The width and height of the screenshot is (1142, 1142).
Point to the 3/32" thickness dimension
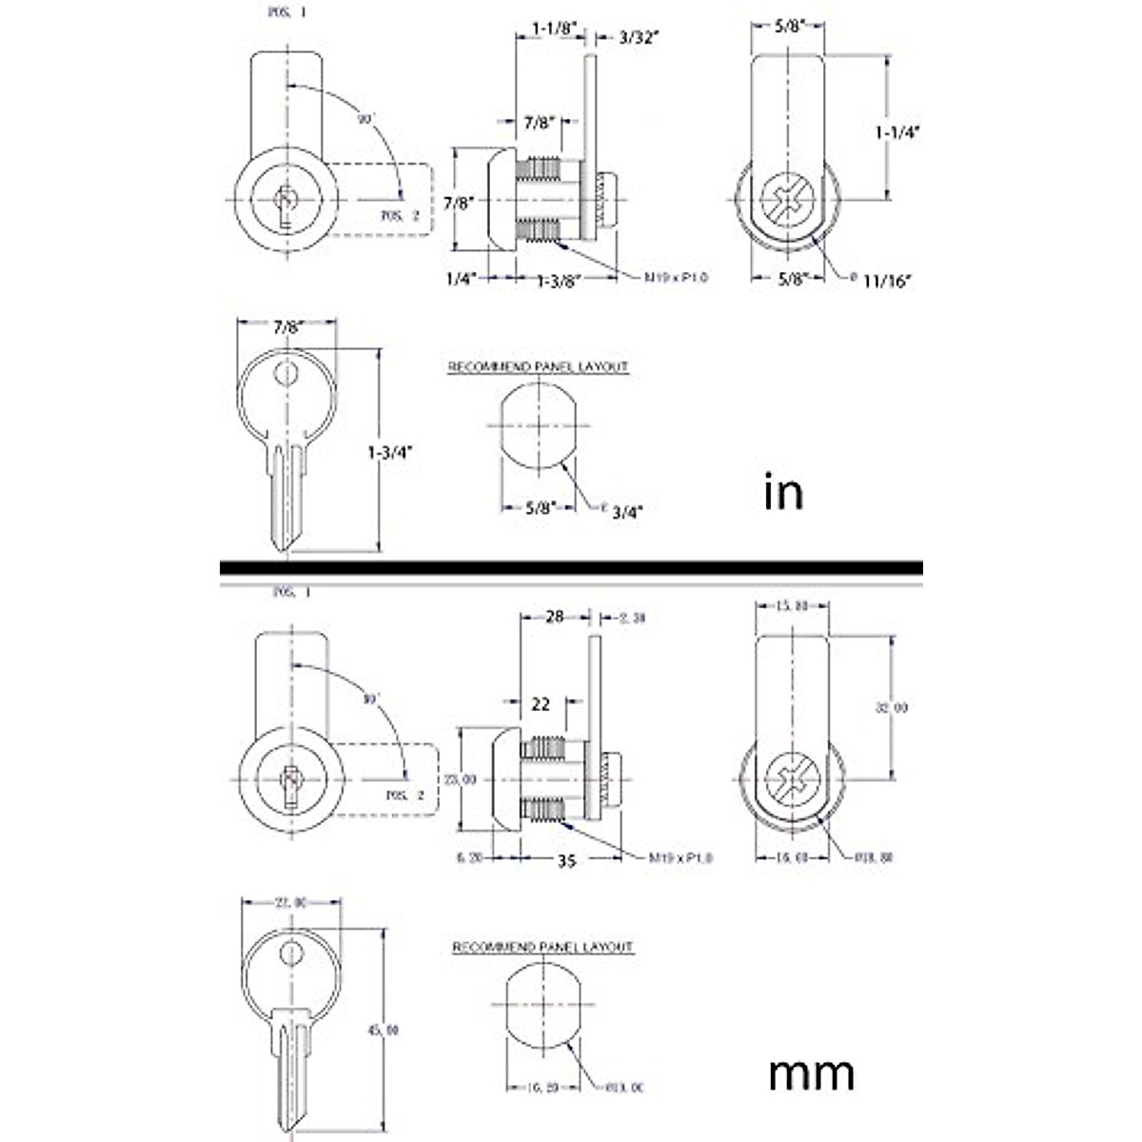tap(639, 37)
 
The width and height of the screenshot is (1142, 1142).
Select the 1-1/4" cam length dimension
tap(896, 132)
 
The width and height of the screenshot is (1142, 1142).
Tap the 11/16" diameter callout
tap(887, 280)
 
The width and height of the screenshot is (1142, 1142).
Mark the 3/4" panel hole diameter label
tap(627, 511)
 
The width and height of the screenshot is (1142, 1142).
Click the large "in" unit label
tap(783, 492)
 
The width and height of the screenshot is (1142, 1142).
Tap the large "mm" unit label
tap(811, 1073)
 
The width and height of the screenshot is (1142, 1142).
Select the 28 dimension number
tap(555, 617)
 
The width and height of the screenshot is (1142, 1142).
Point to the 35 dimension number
tap(567, 861)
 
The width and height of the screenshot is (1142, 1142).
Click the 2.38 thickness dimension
tap(632, 618)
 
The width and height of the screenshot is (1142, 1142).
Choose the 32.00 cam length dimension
tap(892, 707)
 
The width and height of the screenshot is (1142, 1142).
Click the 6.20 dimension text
tap(469, 857)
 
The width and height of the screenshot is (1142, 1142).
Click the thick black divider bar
tap(571, 568)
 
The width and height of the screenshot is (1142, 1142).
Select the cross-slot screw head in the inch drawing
tap(790, 200)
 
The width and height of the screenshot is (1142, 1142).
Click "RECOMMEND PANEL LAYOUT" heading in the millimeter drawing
tap(542, 948)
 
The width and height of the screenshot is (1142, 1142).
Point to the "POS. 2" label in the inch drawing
tap(400, 216)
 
